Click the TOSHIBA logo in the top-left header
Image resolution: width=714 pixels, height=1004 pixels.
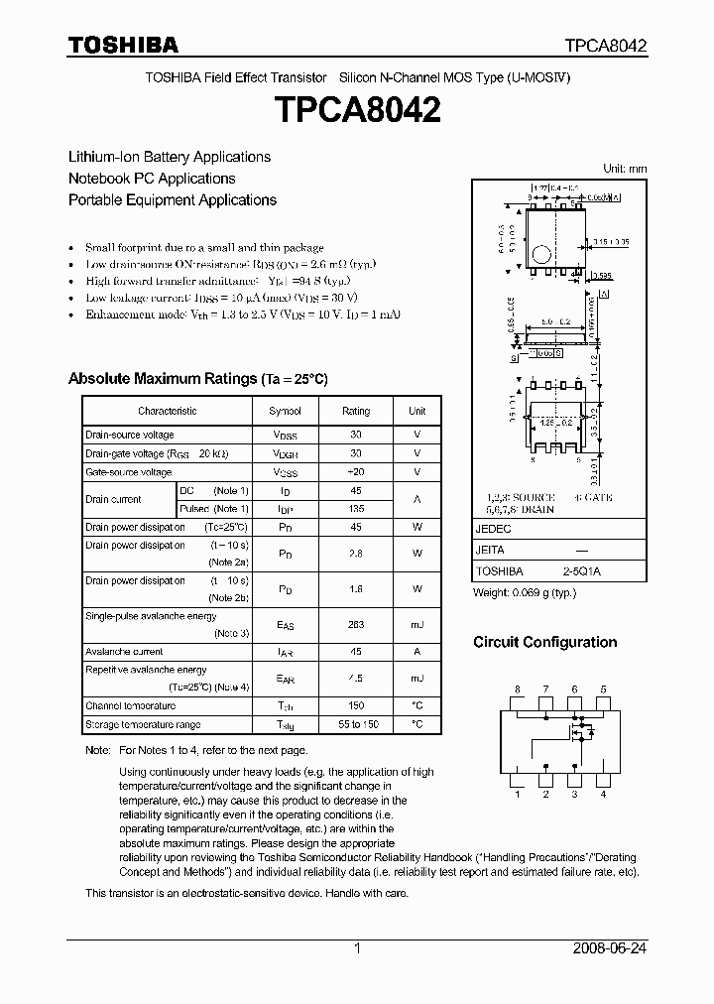[123, 45]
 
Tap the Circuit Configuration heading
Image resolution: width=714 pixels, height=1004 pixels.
[544, 642]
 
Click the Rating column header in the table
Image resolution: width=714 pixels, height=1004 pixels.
[356, 411]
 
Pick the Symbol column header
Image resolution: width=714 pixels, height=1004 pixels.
[285, 411]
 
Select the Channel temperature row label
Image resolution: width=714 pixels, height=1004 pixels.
[130, 705]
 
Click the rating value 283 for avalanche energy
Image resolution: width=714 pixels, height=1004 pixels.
[356, 624]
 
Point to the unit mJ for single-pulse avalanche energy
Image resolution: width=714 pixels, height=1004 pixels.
[417, 624]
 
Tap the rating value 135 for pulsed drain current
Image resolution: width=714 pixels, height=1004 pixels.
[356, 508]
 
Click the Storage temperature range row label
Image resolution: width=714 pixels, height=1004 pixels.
[143, 725]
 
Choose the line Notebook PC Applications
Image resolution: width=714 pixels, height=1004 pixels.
[152, 179]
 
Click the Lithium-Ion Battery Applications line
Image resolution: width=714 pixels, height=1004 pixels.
[169, 157]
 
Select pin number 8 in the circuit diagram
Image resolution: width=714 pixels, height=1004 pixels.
[517, 689]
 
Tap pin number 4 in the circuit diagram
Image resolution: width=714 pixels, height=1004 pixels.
[603, 794]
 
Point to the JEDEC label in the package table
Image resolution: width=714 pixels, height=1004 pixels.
[492, 530]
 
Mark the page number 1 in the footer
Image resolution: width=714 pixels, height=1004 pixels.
[357, 948]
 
